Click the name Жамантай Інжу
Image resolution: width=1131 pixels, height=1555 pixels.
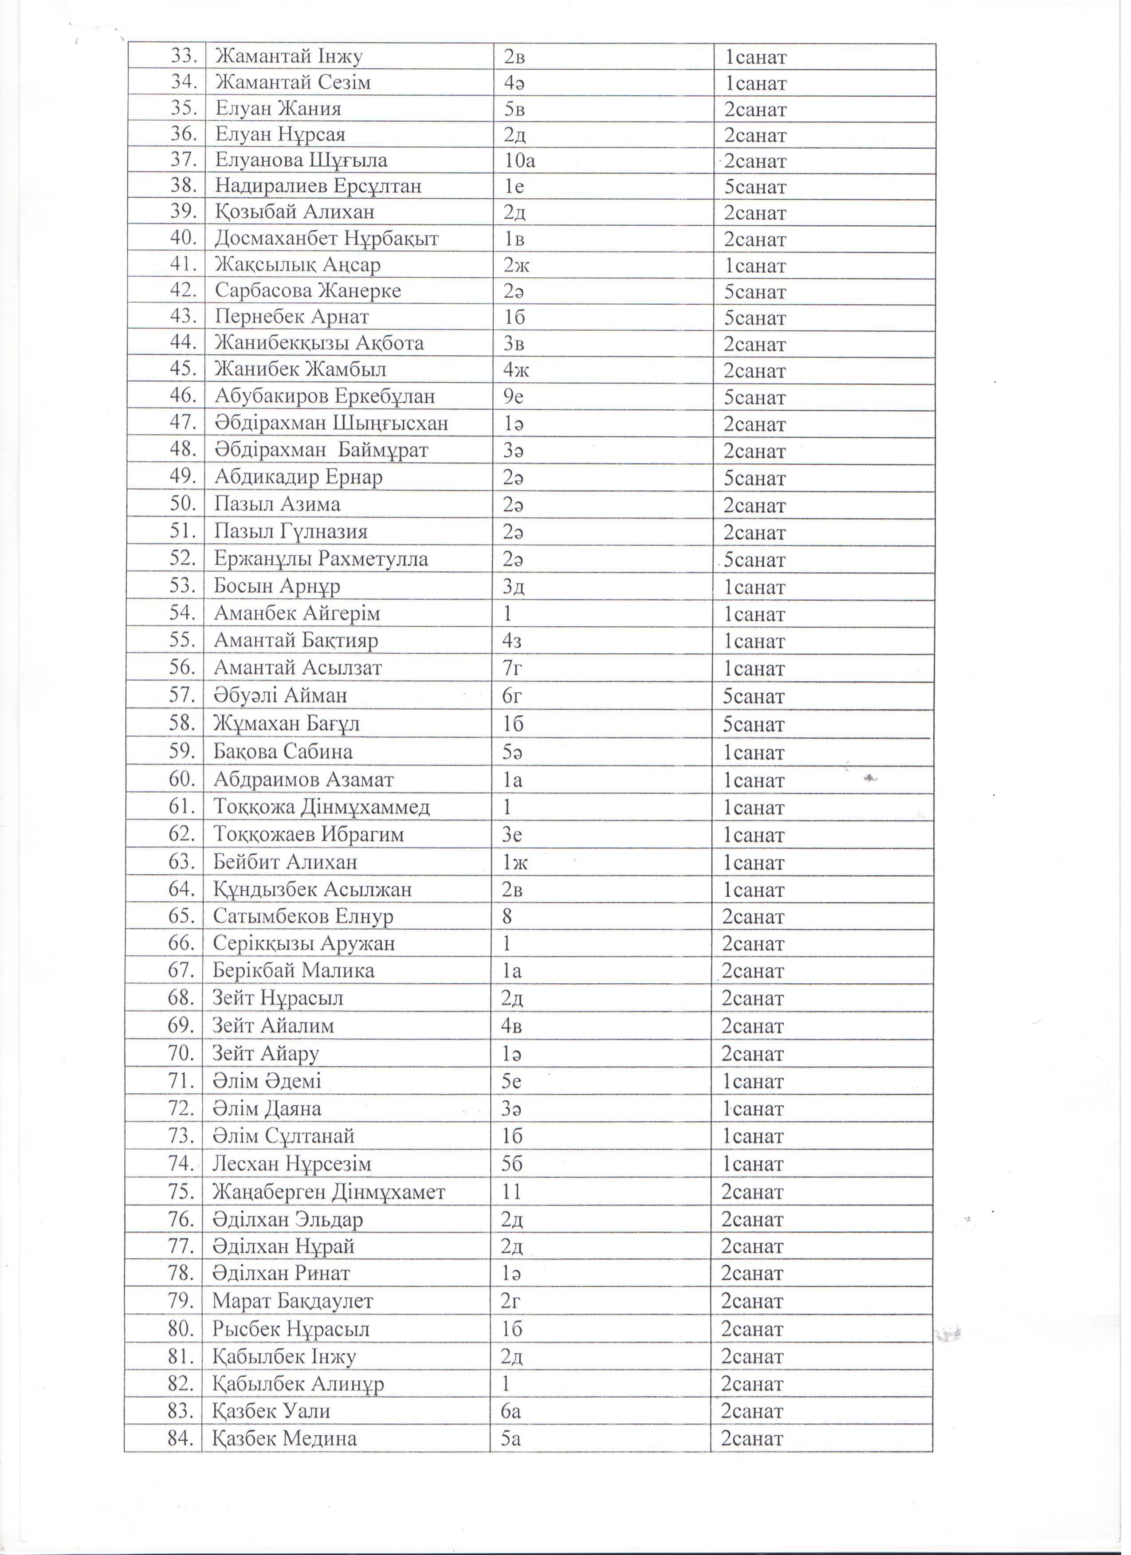pyautogui.click(x=289, y=57)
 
